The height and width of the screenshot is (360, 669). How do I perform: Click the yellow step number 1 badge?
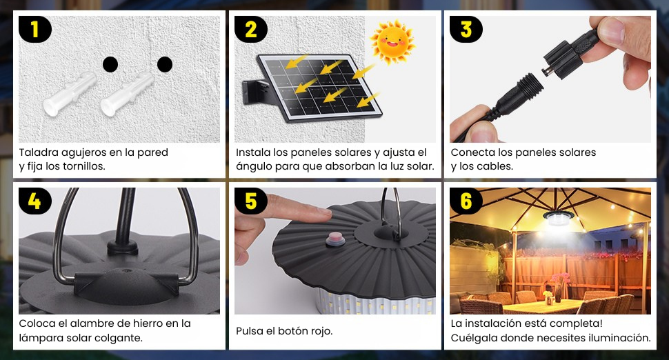35,29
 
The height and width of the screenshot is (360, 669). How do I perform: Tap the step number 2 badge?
251,29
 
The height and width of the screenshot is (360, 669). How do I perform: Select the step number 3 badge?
466,29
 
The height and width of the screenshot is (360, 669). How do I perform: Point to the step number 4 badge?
35,201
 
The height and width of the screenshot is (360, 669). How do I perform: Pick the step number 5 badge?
251,201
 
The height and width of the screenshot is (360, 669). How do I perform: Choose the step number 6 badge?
466,201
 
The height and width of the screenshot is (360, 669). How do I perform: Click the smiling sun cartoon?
392,42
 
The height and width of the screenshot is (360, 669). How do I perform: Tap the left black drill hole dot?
110,64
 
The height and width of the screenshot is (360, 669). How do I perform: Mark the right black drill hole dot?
165,64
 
